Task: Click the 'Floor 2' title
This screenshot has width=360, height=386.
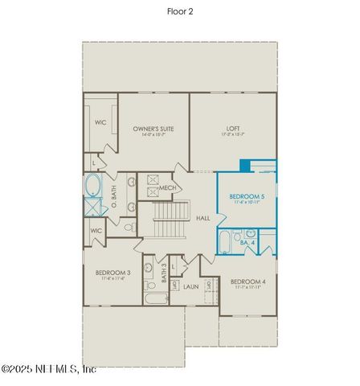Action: point(179,11)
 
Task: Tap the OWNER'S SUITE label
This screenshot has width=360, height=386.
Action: point(153,129)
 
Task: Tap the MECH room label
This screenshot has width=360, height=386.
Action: point(167,188)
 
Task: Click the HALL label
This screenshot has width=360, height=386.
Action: point(203,218)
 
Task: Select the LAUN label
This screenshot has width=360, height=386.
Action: point(190,285)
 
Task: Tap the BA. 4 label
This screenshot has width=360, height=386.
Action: point(247,241)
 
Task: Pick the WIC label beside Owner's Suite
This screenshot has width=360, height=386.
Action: point(100,123)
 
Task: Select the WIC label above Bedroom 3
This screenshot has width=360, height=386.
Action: point(96,230)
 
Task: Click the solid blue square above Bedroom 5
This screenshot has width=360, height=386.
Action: point(245,166)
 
